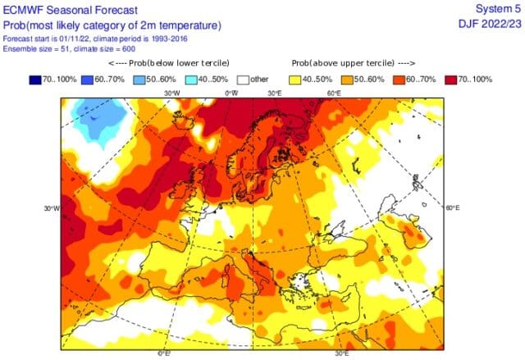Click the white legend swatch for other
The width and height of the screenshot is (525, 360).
coord(242,80)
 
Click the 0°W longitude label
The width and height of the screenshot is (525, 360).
coord(233,93)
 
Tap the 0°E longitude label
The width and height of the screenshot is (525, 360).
coord(164,353)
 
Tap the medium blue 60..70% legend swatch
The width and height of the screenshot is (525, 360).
coord(87,80)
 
